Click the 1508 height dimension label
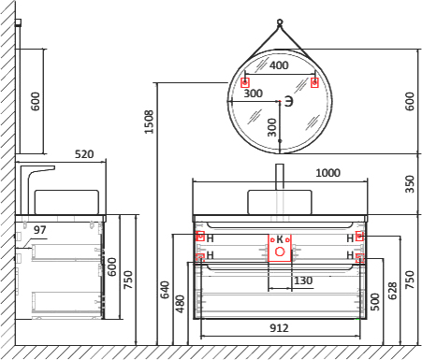149,122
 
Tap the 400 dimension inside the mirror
279,65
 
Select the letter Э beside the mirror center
289,102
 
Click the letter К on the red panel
280,239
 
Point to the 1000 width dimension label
327,173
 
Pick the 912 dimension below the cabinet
279,328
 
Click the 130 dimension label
303,281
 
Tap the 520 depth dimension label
84,154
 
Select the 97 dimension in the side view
40,230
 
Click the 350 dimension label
410,184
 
